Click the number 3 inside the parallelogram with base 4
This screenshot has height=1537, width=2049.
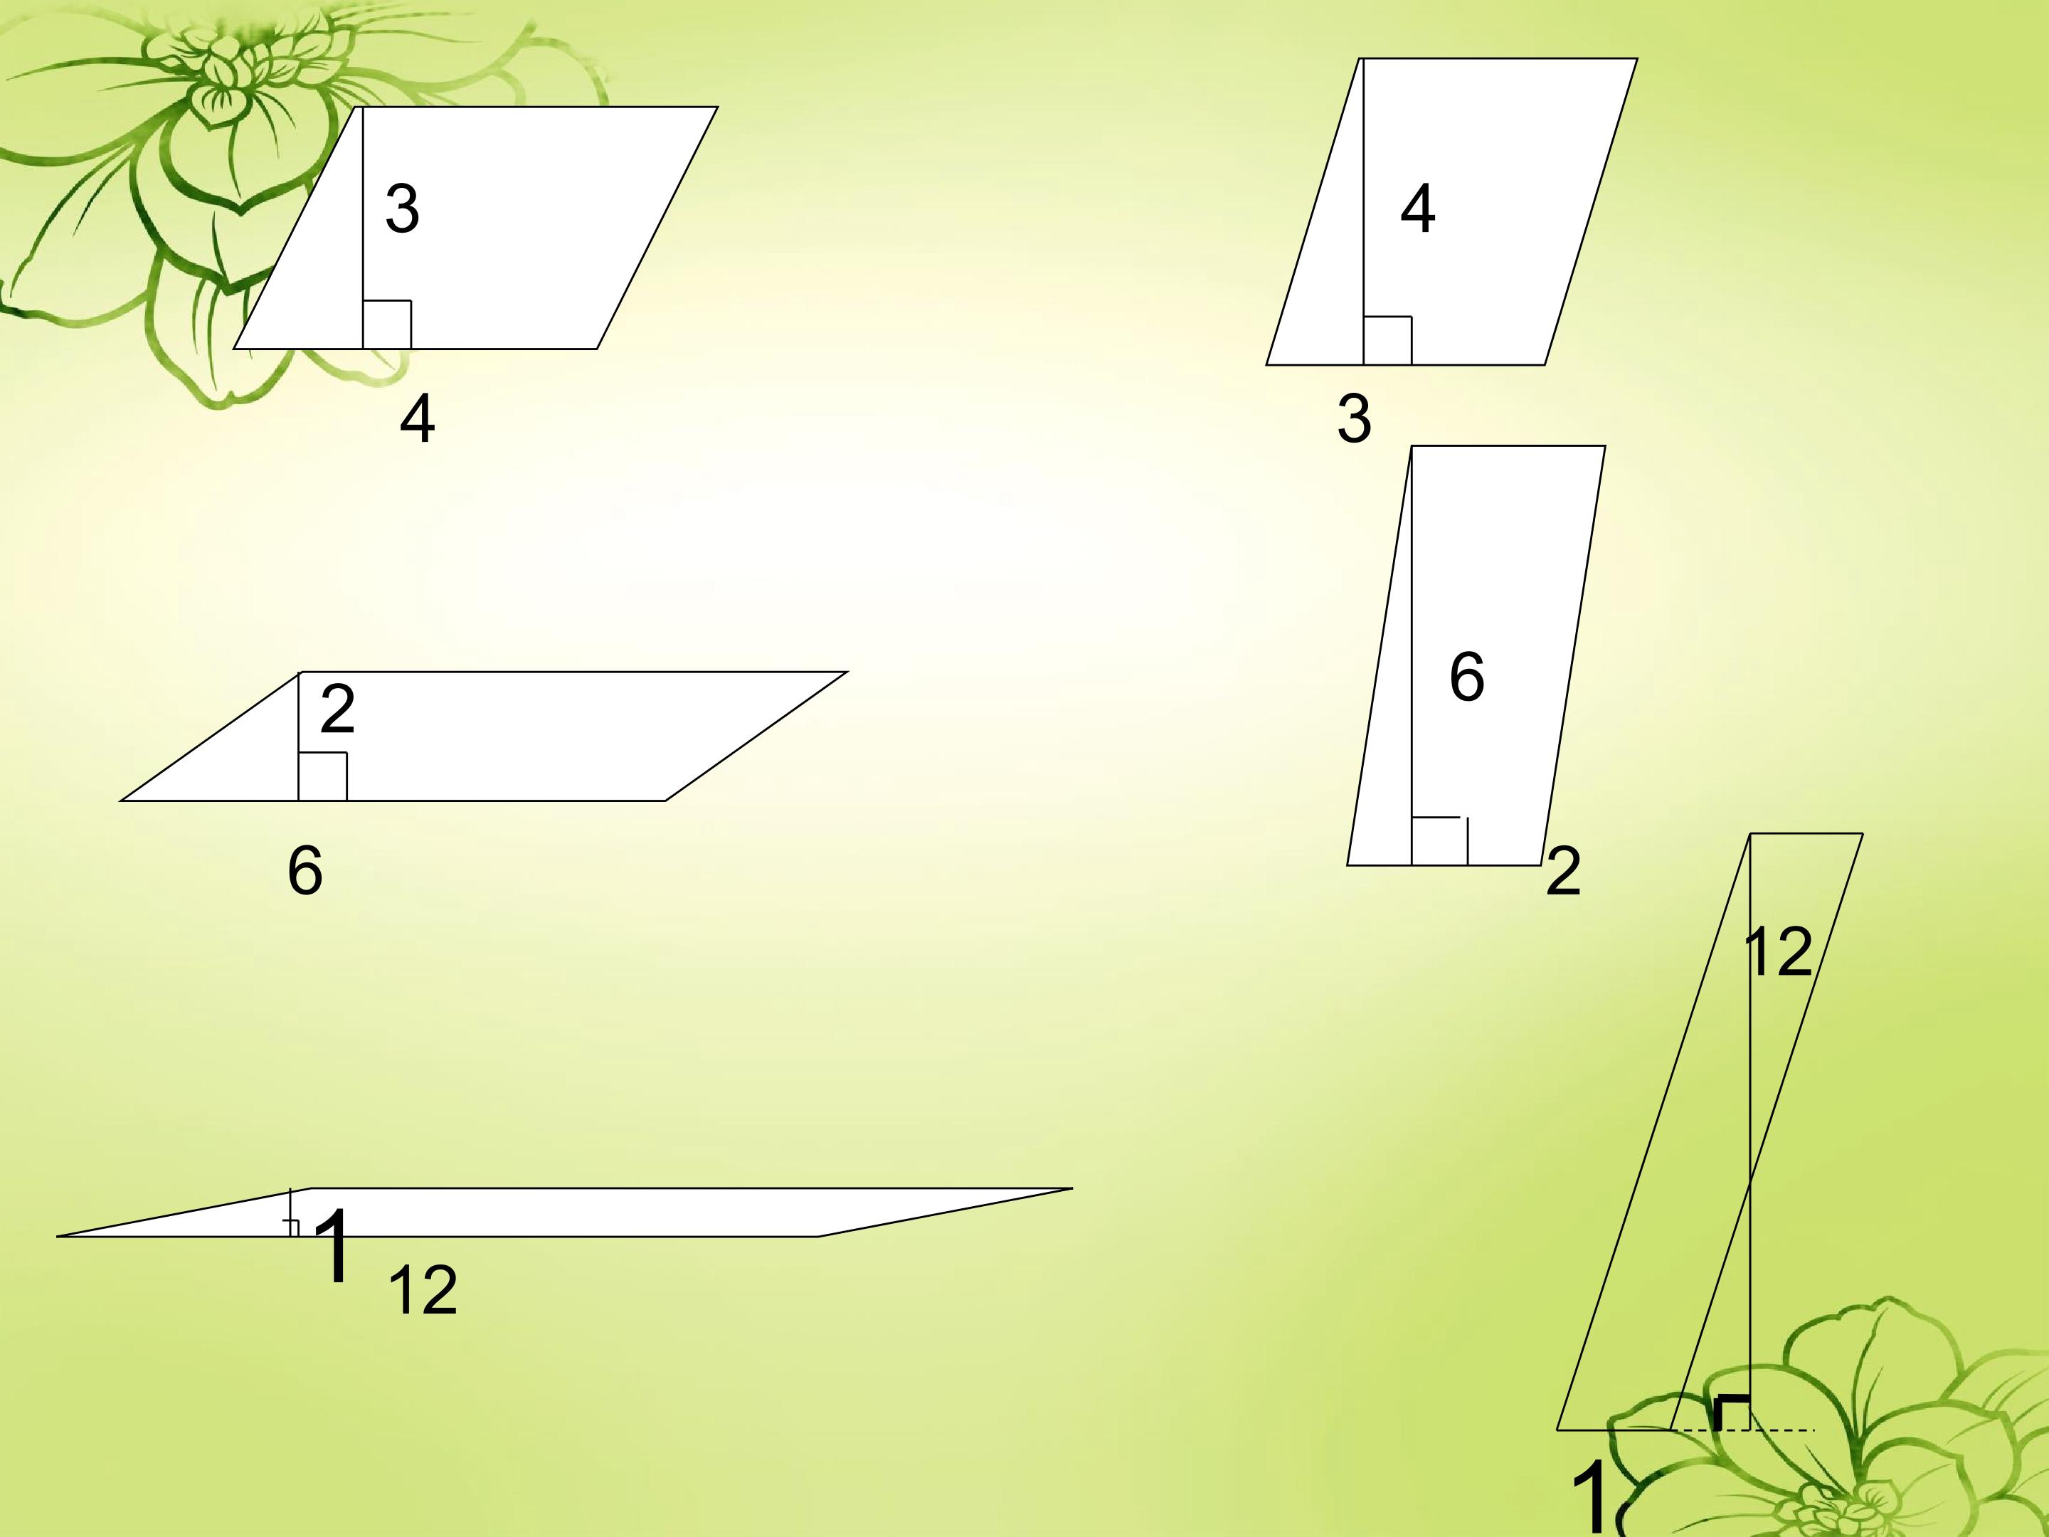[x=402, y=208]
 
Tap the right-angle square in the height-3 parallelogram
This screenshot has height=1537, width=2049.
[x=387, y=324]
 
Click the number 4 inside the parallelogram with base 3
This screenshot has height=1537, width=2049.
[x=1417, y=208]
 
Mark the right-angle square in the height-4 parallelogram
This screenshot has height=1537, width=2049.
[x=1387, y=340]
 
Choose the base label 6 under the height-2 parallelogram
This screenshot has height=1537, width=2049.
[x=305, y=871]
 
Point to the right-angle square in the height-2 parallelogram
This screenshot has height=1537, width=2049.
[x=322, y=776]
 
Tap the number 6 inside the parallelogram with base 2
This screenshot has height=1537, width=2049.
[x=1466, y=677]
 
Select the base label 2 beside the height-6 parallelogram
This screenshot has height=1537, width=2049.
[x=1562, y=871]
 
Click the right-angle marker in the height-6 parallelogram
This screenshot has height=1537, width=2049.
[x=1439, y=841]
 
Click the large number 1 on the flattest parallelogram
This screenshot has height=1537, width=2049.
[x=335, y=1246]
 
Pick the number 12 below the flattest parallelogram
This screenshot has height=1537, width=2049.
[x=423, y=1292]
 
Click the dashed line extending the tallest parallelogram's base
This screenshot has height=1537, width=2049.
[x=1742, y=1430]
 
